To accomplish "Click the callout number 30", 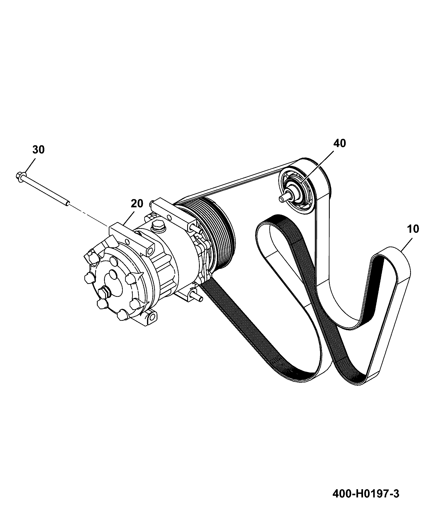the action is (38, 150).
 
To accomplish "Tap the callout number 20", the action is (137, 204).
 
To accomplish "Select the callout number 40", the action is (340, 143).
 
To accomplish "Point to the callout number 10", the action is (413, 229).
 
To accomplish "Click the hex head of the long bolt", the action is (20, 177).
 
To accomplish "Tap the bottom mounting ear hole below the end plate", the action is (151, 317).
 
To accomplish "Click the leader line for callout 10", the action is (406, 244).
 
